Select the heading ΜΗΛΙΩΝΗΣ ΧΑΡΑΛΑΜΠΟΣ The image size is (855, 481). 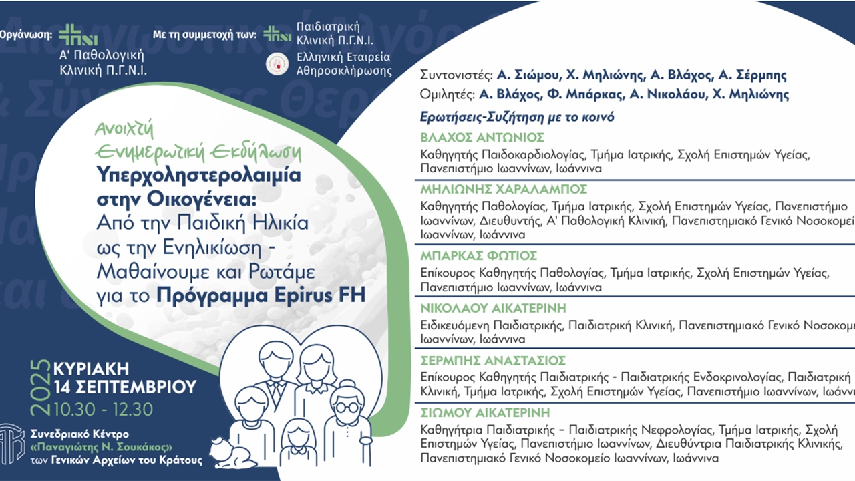(x=504, y=188)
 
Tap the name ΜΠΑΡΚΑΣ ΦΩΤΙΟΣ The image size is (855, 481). (x=478, y=255)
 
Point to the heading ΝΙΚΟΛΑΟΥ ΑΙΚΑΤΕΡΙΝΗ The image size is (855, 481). (x=493, y=307)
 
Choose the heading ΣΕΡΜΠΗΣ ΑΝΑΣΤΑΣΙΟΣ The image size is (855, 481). (x=493, y=360)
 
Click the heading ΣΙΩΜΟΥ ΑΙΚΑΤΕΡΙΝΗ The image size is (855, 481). (x=485, y=412)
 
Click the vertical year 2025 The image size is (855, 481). (x=41, y=388)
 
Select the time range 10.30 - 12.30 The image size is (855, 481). (x=104, y=408)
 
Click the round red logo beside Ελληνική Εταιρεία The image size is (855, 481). (x=276, y=64)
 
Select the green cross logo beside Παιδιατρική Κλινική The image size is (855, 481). (x=277, y=33)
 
